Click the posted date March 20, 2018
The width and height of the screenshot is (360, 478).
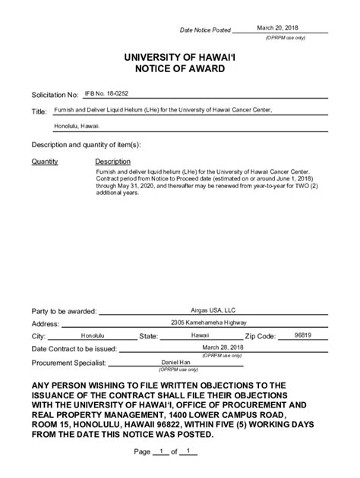point(277,27)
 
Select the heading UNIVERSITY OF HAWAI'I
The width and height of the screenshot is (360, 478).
point(179,57)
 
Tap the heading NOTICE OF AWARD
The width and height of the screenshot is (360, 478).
point(179,69)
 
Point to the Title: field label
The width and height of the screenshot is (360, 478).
point(39,112)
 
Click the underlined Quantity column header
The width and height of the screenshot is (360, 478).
point(45,162)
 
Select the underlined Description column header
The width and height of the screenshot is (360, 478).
point(112,162)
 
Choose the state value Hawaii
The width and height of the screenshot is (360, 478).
point(200,335)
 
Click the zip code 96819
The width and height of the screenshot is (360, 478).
point(303,334)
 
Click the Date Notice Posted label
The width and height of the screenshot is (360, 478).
point(204,30)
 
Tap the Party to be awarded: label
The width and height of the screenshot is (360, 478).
point(64,311)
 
